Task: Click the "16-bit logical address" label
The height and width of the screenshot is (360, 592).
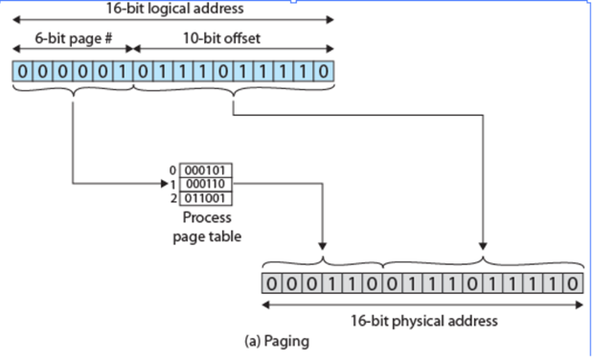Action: pos(174,9)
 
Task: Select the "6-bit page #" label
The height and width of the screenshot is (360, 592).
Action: pos(74,38)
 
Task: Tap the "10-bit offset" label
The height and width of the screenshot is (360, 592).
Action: pos(221,38)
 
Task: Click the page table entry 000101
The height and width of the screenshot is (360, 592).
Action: pos(206,170)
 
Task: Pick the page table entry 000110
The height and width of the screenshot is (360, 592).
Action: pos(206,184)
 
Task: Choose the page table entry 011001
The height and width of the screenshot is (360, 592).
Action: pos(206,198)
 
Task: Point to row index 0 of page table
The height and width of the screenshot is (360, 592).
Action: pos(172,170)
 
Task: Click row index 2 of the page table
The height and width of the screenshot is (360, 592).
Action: pos(173,198)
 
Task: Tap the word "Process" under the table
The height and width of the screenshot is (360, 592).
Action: pos(207,217)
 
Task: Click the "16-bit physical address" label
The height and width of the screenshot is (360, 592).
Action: pos(424,321)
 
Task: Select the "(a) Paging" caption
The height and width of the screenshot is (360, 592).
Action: pos(277,341)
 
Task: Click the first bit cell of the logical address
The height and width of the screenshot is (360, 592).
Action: pos(23,71)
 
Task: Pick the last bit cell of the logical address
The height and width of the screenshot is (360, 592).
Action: pos(324,71)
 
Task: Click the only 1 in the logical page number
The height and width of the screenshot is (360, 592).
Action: pos(123,71)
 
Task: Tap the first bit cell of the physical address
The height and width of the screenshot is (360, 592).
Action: pos(272,283)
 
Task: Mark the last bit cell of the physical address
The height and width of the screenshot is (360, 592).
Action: pos(573,283)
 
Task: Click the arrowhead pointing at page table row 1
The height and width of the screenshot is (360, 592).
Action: pos(164,184)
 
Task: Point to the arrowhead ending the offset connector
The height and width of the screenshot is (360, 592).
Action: pos(483,246)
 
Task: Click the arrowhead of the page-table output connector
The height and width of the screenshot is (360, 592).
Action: pos(322,246)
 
